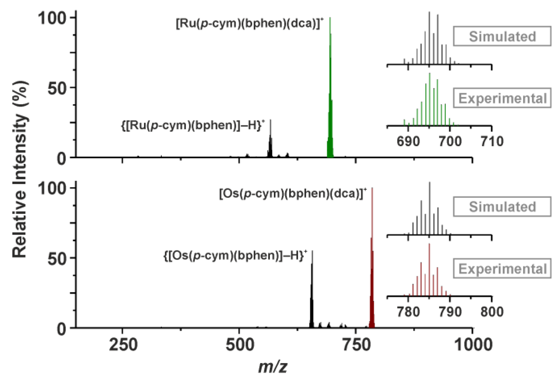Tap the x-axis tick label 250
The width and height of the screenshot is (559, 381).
pyautogui.click(x=123, y=344)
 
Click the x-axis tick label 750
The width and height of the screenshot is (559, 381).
pyautogui.click(x=356, y=344)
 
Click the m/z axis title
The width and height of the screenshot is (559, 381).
pyautogui.click(x=273, y=367)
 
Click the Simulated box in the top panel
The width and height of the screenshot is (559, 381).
pyautogui.click(x=502, y=36)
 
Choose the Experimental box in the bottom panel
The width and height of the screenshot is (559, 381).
pyautogui.click(x=502, y=268)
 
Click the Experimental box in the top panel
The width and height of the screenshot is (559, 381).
pyautogui.click(x=502, y=98)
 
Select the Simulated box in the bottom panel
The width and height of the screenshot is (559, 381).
pyautogui.click(x=502, y=206)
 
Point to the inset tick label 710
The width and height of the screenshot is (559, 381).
pyautogui.click(x=492, y=141)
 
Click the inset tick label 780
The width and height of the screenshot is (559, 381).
pyautogui.click(x=408, y=312)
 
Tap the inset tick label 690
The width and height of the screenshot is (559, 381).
pyautogui.click(x=408, y=141)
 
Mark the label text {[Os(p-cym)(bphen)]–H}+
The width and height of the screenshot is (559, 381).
pyautogui.click(x=235, y=256)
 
